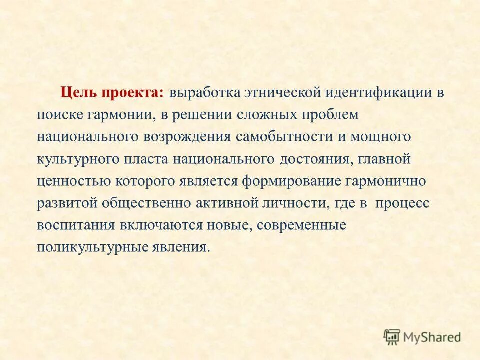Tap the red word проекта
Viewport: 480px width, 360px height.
[132, 94]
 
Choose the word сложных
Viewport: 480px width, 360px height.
[271, 115]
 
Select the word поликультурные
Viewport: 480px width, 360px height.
[89, 247]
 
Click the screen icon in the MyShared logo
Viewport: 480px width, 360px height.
[392, 336]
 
